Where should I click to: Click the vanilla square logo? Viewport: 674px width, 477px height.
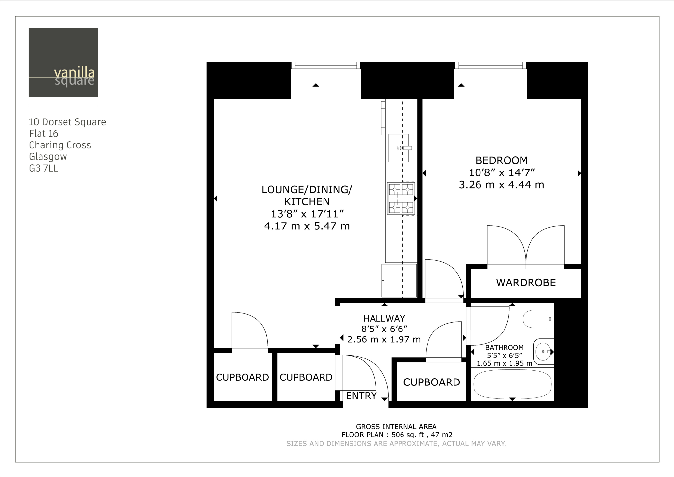tap(63, 62)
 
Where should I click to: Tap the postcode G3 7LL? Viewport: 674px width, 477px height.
tap(43, 168)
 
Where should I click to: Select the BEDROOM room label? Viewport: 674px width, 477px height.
tap(501, 160)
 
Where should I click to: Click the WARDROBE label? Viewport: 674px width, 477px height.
tap(526, 283)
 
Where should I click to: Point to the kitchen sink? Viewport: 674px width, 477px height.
tap(399, 148)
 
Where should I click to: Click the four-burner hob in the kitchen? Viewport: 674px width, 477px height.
tap(401, 199)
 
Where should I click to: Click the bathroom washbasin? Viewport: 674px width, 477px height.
tap(543, 352)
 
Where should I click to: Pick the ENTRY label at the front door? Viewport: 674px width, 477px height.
tap(361, 396)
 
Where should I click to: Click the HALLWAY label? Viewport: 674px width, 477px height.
tap(384, 318)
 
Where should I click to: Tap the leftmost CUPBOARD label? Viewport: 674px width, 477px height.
tap(242, 377)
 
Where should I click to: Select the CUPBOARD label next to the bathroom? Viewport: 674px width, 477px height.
tap(431, 382)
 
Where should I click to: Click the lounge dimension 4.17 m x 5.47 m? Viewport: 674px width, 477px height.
tap(307, 226)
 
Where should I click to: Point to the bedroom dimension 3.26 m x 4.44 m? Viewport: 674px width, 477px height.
tap(501, 185)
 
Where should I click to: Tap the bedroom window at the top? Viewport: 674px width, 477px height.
tap(490, 66)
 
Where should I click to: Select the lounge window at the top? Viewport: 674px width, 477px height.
tap(326, 66)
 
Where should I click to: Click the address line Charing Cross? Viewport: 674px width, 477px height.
tap(60, 145)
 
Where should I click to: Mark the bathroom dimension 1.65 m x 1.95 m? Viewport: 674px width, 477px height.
tap(504, 363)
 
